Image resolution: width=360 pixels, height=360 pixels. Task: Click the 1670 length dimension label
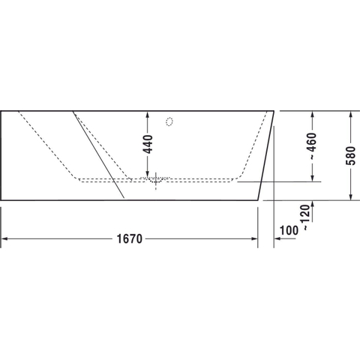pos(130,239)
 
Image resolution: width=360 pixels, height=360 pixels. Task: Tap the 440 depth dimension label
pos(148,144)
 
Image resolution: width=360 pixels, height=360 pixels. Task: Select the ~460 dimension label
pos(312,146)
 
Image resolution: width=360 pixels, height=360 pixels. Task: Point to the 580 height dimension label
pos(350,155)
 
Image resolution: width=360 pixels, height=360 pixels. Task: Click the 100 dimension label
pos(289,230)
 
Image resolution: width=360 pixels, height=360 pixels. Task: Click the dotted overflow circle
pos(169,121)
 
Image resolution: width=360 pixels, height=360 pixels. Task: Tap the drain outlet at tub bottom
pos(156,181)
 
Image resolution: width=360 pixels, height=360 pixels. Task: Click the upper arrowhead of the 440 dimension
pos(148,115)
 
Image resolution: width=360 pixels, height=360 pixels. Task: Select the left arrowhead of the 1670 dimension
pos(4,239)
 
